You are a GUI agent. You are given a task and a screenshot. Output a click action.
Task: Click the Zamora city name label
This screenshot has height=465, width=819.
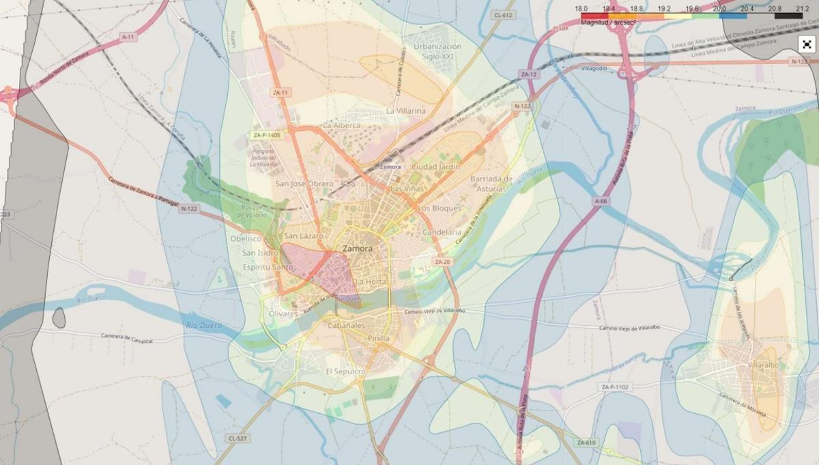pyautogui.click(x=358, y=249)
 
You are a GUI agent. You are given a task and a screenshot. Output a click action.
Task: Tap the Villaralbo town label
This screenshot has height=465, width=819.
pyautogui.click(x=763, y=365)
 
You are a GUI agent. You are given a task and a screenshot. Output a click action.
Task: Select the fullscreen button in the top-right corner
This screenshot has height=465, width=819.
pyautogui.click(x=807, y=45)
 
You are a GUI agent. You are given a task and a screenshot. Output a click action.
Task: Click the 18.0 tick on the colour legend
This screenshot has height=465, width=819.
pyautogui.click(x=581, y=8)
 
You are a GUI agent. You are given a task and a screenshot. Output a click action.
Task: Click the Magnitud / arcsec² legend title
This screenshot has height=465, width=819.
pyautogui.click(x=607, y=22)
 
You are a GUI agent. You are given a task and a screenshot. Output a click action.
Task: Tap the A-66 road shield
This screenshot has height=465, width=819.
pyautogui.click(x=601, y=201)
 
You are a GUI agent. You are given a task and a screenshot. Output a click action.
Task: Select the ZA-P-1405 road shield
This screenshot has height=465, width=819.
pyautogui.click(x=266, y=135)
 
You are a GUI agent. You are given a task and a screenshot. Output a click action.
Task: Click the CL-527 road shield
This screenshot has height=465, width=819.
pyautogui.click(x=238, y=438)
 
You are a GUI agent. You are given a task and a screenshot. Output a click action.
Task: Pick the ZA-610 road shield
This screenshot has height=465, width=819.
pyautogui.click(x=586, y=442)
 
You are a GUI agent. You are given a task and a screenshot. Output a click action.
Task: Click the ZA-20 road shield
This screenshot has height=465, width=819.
pyautogui.click(x=442, y=262)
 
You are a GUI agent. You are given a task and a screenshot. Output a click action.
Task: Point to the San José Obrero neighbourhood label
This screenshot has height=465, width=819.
pyautogui.click(x=304, y=183)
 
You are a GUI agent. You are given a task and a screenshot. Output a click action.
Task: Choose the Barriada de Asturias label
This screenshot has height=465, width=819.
pyautogui.click(x=491, y=183)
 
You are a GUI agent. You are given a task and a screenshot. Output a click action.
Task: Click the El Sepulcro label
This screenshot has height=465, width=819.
pyautogui.click(x=345, y=372)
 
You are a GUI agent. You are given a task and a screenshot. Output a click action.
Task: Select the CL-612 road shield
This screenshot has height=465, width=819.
pyautogui.click(x=503, y=14)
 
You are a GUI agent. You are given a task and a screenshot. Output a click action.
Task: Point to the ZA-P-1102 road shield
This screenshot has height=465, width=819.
pyautogui.click(x=615, y=387)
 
